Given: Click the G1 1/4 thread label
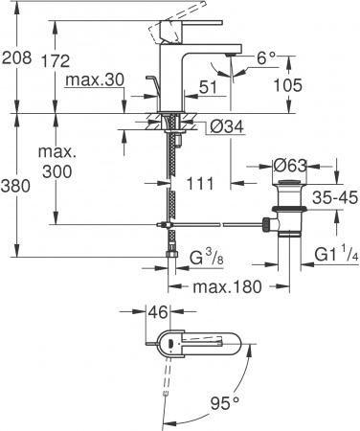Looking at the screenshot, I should [x=324, y=255].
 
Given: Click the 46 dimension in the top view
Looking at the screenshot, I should [x=158, y=312].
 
